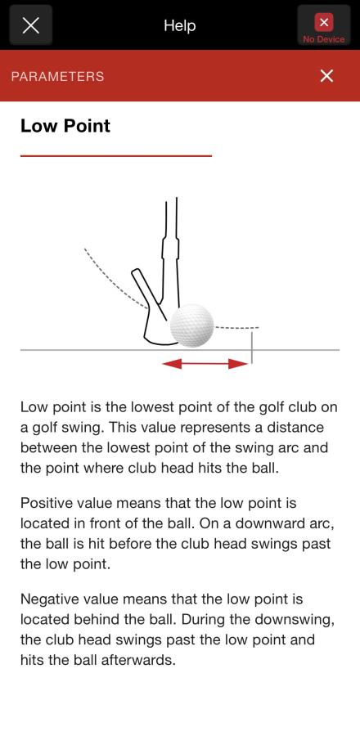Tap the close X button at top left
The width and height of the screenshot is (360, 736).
coord(30,25)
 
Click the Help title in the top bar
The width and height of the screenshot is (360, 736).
coord(180,25)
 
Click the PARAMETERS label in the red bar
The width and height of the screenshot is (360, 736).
coord(58,77)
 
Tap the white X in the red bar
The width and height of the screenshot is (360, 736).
coord(326,75)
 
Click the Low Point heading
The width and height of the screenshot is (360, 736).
coord(65,126)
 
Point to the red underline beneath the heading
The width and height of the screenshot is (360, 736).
coord(116,155)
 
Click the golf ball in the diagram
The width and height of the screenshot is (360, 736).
coord(192,325)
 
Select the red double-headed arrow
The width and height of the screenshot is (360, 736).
coord(205,363)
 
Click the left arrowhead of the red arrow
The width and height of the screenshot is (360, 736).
coord(171,363)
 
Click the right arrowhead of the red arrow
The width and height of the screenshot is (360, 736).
coord(238,363)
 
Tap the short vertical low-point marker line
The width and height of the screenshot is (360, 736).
coord(252,348)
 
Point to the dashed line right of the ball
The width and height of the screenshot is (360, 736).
coord(236,326)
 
